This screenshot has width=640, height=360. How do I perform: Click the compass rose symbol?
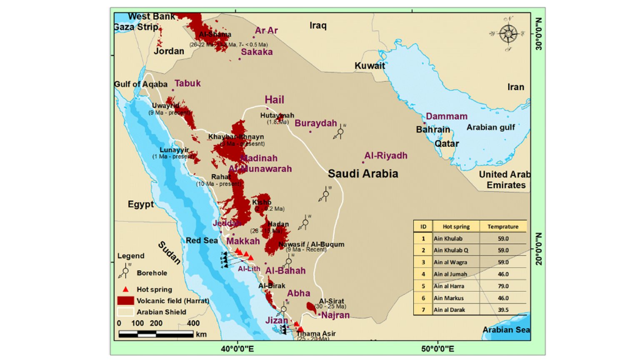(x=508, y=34)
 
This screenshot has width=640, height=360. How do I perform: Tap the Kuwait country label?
(x=370, y=65)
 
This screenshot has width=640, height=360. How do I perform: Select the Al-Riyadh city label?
(x=385, y=156)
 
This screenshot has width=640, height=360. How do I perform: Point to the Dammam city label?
(x=446, y=116)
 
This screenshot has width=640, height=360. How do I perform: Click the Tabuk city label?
(x=187, y=83)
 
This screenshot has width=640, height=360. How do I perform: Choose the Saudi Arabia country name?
(x=362, y=174)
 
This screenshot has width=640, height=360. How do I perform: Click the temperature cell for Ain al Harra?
(x=503, y=286)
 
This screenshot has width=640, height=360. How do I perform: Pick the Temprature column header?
(x=503, y=227)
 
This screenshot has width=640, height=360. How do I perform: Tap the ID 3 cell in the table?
(x=423, y=262)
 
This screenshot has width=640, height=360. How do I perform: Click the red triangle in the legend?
(x=125, y=289)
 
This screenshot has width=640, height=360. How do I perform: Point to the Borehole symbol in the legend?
(x=125, y=271)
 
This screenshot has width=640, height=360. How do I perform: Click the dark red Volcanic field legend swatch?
(x=125, y=301)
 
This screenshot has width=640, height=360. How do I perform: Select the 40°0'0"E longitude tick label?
(x=237, y=349)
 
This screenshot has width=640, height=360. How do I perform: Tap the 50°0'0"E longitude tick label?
(x=437, y=349)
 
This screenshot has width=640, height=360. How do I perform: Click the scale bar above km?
(x=156, y=334)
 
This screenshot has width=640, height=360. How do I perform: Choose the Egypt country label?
(x=140, y=205)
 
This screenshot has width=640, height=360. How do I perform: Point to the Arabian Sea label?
(x=506, y=330)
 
